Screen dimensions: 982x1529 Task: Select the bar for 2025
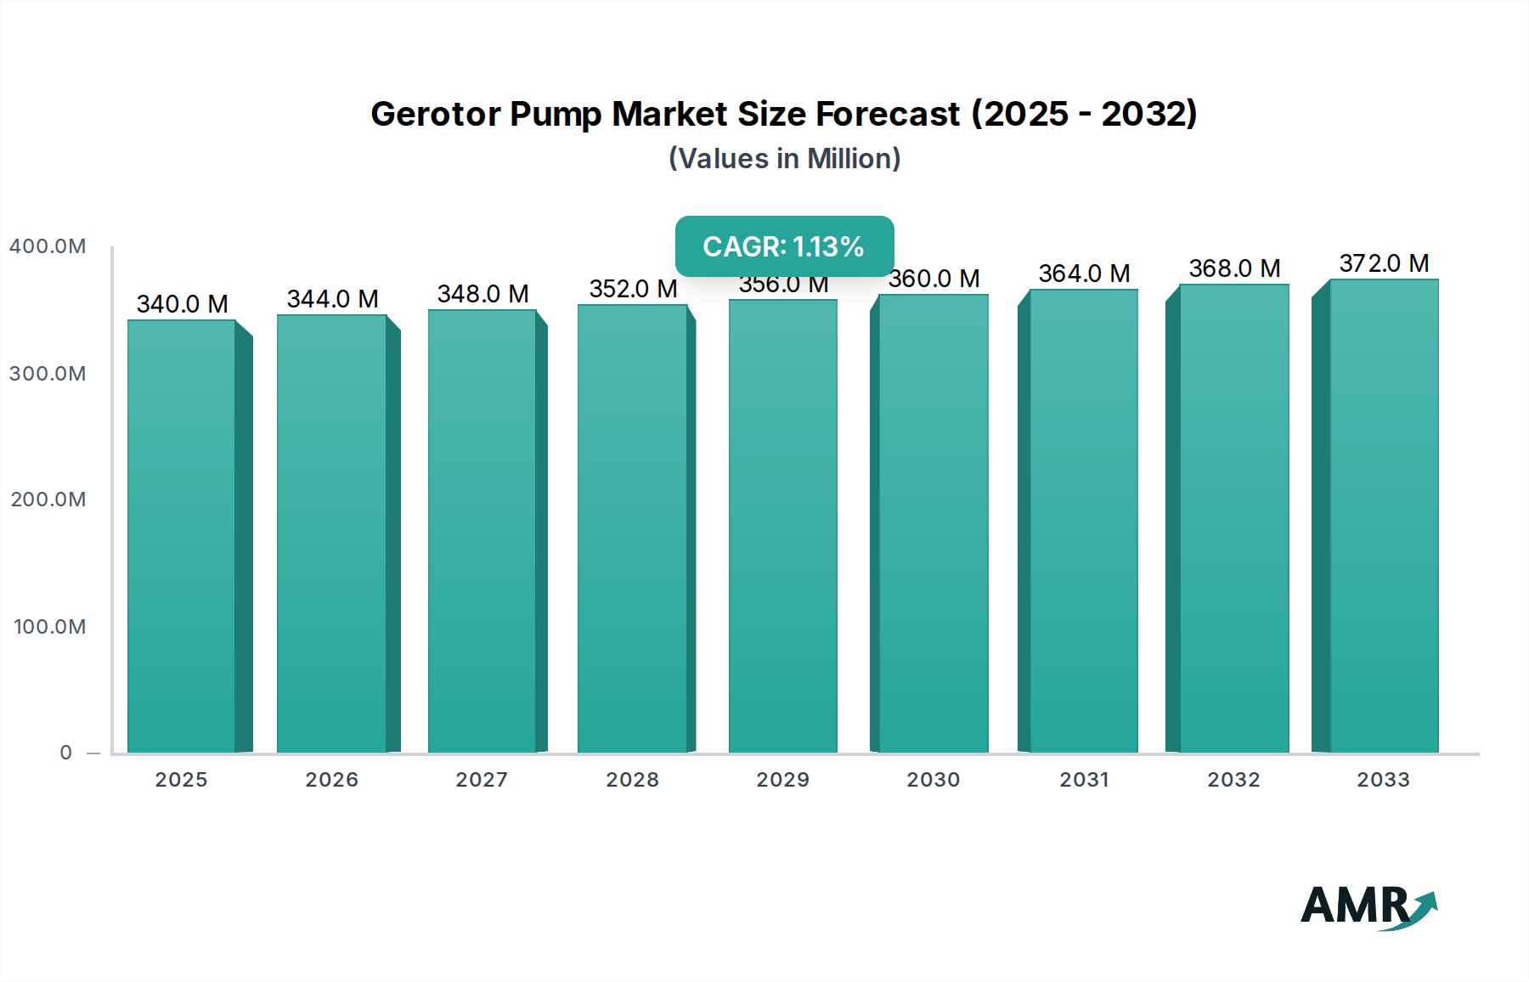tap(181, 535)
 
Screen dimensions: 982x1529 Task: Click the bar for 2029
tap(782, 527)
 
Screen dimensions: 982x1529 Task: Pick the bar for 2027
tap(482, 531)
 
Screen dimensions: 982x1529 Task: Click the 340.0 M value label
tap(182, 304)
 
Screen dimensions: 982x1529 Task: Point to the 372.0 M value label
tap(1384, 263)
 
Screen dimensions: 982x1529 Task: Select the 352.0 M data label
tap(633, 289)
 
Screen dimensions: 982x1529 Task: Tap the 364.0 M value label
tap(1084, 274)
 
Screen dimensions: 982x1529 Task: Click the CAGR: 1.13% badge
tap(784, 246)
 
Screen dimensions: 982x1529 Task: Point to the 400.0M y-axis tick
tap(48, 246)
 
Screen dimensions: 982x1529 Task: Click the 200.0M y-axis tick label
tap(48, 499)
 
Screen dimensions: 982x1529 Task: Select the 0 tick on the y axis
tap(65, 753)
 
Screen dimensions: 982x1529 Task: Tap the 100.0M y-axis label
tap(49, 627)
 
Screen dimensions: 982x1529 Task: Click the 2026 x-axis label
tap(331, 780)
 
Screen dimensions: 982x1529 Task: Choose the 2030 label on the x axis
tap(933, 780)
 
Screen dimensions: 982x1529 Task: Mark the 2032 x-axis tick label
tap(1233, 780)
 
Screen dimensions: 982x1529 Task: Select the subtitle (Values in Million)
tap(784, 159)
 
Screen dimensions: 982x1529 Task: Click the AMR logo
tap(1368, 906)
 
